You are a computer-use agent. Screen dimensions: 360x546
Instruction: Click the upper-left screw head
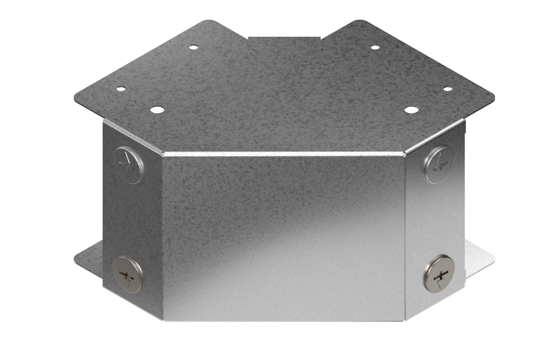(128, 165)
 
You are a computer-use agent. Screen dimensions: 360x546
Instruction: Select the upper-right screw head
(439, 165)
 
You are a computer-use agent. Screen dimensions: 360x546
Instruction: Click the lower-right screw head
(438, 274)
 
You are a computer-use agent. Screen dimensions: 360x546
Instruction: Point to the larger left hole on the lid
(157, 110)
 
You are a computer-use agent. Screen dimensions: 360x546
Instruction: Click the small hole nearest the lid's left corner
(120, 89)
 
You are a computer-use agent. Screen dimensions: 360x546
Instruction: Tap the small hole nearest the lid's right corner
(447, 89)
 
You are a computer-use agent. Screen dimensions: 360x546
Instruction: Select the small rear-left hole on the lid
(193, 47)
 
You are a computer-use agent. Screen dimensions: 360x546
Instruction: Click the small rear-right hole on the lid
(375, 47)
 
